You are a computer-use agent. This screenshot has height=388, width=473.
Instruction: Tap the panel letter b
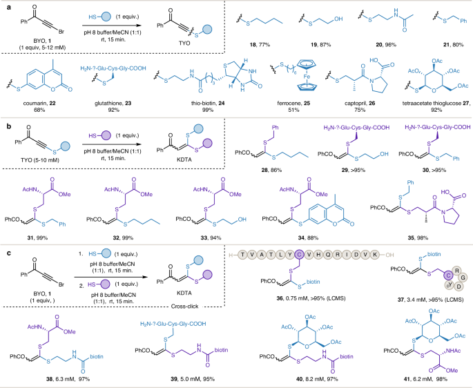click(5, 130)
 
